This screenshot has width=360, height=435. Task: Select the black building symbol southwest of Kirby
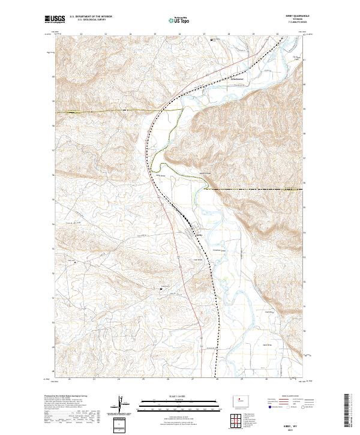(x=161, y=289)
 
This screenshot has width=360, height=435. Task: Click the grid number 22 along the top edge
(x=80, y=34)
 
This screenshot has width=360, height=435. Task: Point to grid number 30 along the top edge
(x=277, y=34)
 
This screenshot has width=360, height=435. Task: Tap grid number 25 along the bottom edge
(x=143, y=379)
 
